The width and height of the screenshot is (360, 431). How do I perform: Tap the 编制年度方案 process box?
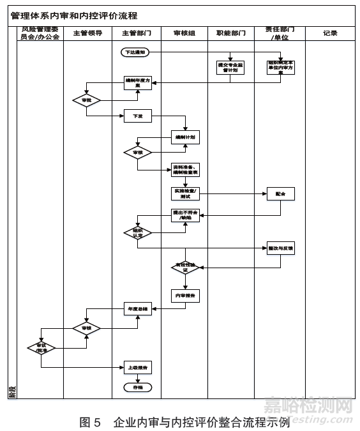(137, 82)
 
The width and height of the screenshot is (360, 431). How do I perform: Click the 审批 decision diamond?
(87, 100)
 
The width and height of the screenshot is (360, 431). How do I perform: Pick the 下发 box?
(137, 116)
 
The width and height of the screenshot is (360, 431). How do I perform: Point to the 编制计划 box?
(185, 137)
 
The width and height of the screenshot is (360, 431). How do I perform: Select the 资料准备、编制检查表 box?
(185, 170)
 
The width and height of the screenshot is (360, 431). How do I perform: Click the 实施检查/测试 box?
(185, 193)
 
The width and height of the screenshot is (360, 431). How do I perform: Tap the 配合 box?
(281, 193)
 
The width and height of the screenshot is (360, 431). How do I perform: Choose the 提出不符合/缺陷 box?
(185, 215)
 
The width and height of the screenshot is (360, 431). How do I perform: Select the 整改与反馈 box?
(281, 248)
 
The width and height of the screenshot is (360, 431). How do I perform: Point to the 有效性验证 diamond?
(185, 268)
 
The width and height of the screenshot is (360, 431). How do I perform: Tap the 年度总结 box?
(137, 309)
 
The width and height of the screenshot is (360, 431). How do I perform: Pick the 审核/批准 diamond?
(41, 348)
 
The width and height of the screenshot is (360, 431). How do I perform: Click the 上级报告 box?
(137, 368)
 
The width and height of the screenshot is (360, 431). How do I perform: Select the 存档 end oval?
(137, 388)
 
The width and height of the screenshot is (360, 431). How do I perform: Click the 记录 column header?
(329, 33)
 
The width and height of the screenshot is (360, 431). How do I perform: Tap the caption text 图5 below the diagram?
(90, 422)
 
